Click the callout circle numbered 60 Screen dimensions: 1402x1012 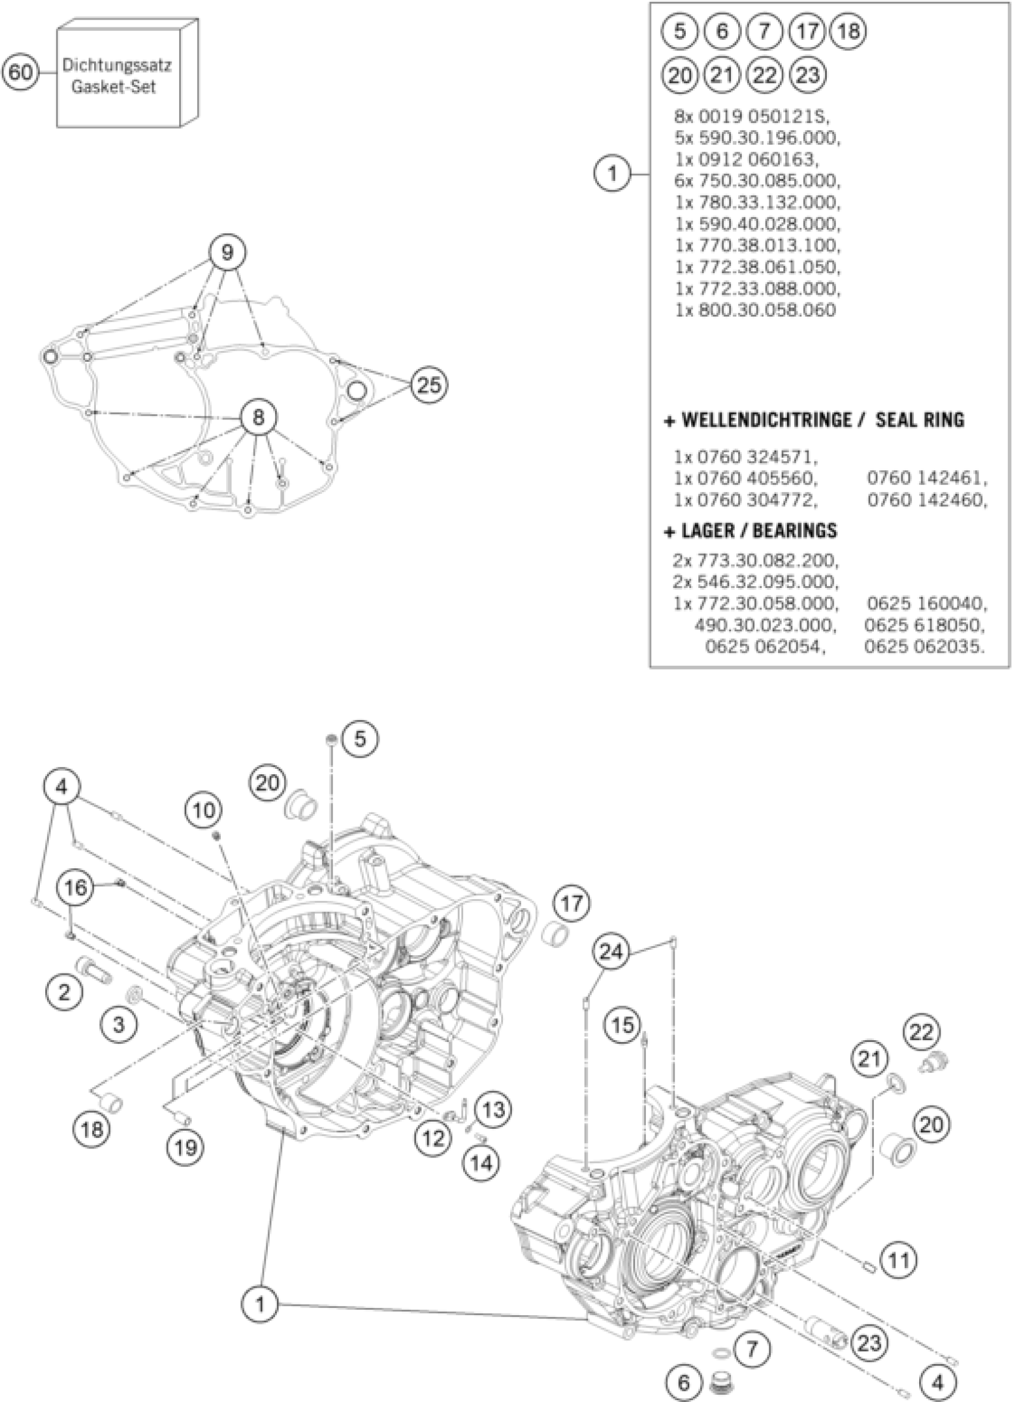point(20,73)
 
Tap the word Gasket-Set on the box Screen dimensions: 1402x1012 point(114,86)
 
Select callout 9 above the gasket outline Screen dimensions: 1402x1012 point(227,252)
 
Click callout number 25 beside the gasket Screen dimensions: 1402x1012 point(430,385)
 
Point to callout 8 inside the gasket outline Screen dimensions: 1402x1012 point(258,417)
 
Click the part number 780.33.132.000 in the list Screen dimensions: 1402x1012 point(757,203)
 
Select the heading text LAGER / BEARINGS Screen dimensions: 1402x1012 point(758,530)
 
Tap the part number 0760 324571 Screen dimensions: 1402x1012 point(745,457)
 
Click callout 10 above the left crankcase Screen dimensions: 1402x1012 point(205,810)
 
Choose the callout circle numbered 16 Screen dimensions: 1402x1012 point(76,888)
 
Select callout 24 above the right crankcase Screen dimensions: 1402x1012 point(611,952)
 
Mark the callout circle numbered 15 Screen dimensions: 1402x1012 point(623,1025)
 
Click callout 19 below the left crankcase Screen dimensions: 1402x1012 point(186,1148)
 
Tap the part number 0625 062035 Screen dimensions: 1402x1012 point(923,647)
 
